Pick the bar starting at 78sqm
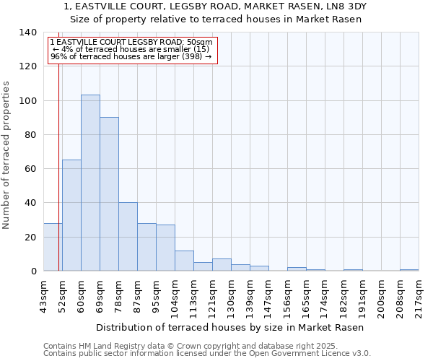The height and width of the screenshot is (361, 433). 128,237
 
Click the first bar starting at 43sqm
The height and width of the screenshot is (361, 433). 53,247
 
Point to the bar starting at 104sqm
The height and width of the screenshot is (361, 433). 184,261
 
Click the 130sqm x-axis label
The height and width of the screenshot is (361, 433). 232,297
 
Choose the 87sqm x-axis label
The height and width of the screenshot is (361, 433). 138,295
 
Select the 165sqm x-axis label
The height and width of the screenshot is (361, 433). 307,297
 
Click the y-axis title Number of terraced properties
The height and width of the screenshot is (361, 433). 7,155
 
